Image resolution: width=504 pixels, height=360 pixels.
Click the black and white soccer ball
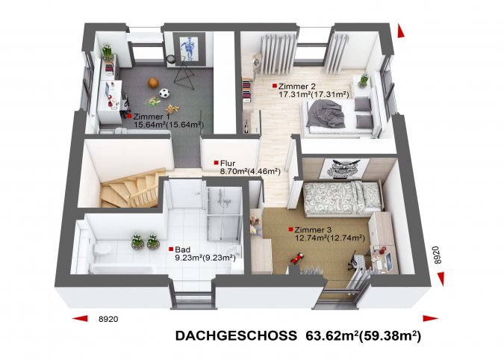[x=164, y=93]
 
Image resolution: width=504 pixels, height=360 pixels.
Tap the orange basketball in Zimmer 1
[x=153, y=83]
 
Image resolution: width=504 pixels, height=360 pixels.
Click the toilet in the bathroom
[x=102, y=249]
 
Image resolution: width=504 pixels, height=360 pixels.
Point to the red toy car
[x=297, y=257]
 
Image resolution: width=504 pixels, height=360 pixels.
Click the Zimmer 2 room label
[x=297, y=86]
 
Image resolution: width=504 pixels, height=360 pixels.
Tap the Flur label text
[x=228, y=164]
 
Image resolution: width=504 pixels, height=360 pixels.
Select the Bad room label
[x=183, y=249]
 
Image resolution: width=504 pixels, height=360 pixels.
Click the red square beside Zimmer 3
[x=290, y=229]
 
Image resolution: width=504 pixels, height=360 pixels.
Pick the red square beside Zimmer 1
[x=129, y=116]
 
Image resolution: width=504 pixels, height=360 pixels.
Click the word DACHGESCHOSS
[x=236, y=335]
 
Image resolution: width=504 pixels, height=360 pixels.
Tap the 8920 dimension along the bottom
[x=108, y=319]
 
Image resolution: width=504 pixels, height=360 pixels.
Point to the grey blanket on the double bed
[x=326, y=113]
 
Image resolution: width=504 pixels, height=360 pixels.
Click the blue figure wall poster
[x=189, y=48]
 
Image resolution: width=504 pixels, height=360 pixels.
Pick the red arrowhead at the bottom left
[x=80, y=318]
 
